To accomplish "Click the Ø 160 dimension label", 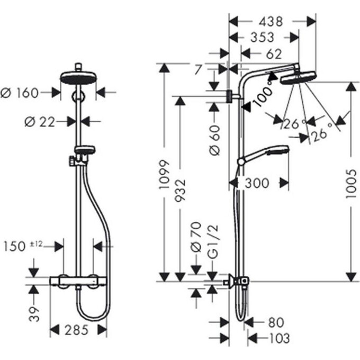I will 20,93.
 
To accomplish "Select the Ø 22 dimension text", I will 40,122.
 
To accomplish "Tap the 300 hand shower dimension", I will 258,183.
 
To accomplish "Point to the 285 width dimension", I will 78,330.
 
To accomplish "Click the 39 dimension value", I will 34,313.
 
